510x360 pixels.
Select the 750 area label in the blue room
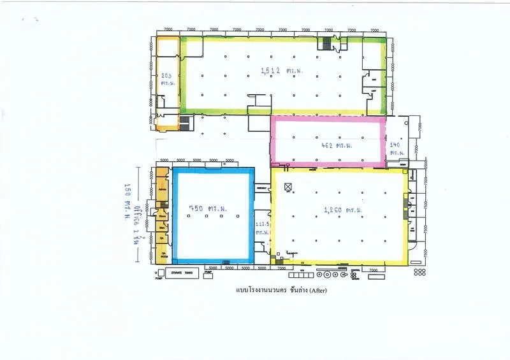pyautogui.click(x=202, y=209)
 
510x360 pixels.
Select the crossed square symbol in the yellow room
pyautogui.click(x=288, y=186)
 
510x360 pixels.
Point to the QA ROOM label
pyautogui.click(x=164, y=256)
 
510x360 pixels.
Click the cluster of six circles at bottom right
pyautogui.click(x=419, y=272)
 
